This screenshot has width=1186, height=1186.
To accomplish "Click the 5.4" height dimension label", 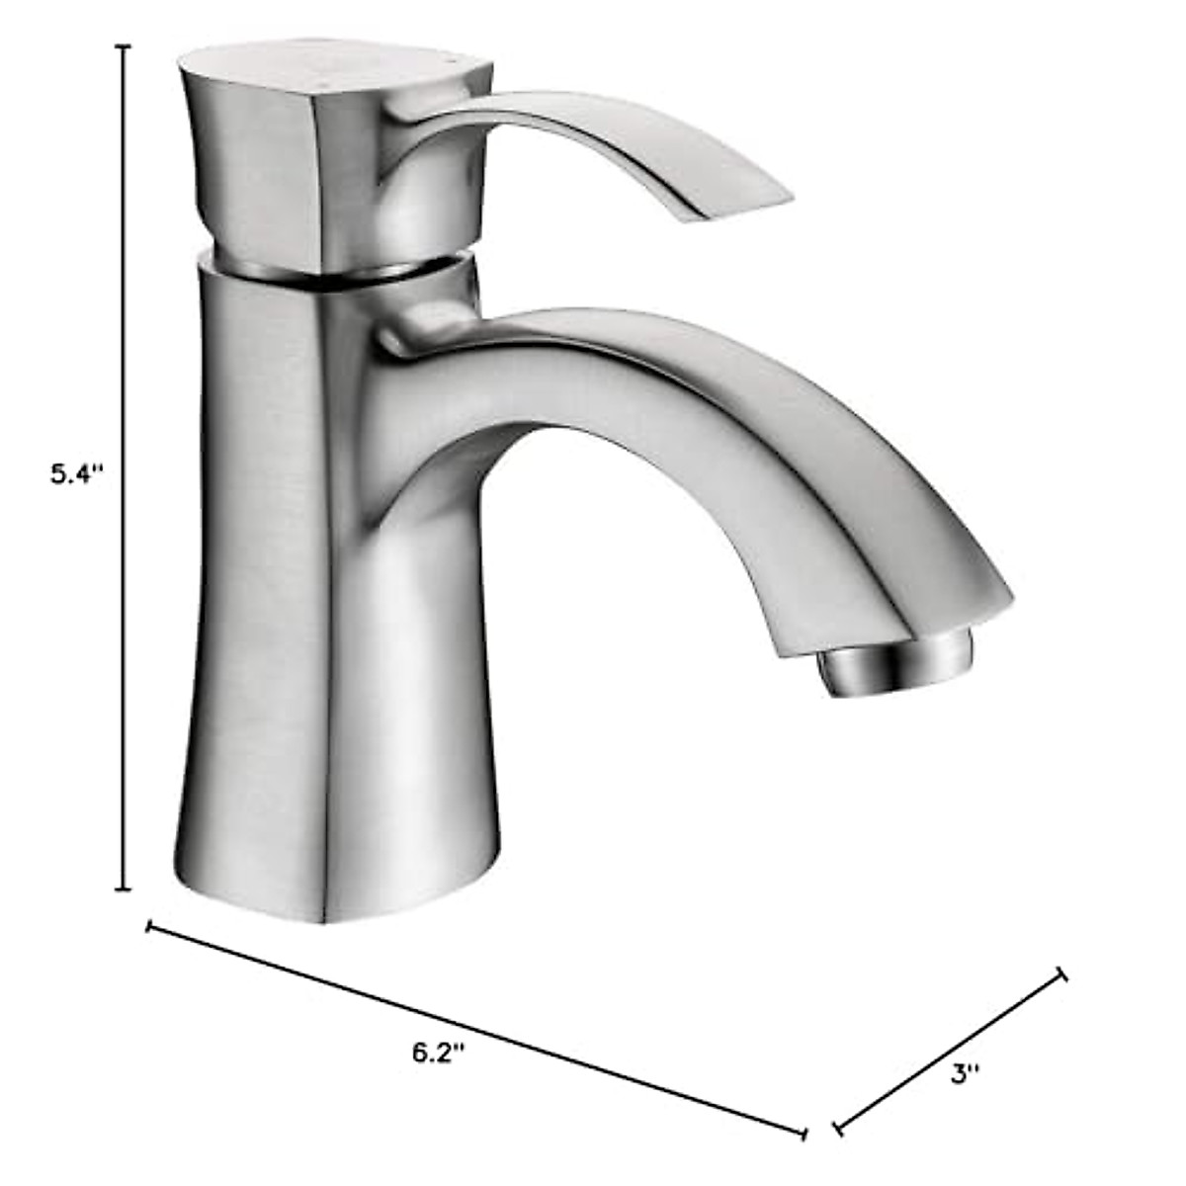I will coord(77,474).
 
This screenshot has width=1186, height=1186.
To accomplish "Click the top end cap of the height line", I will coord(124,46).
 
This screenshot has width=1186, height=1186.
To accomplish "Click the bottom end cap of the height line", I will coord(124,889).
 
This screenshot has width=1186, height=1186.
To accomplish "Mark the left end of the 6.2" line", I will coord(148,926).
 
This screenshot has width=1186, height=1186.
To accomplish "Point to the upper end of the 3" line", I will coord(1063,974).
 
